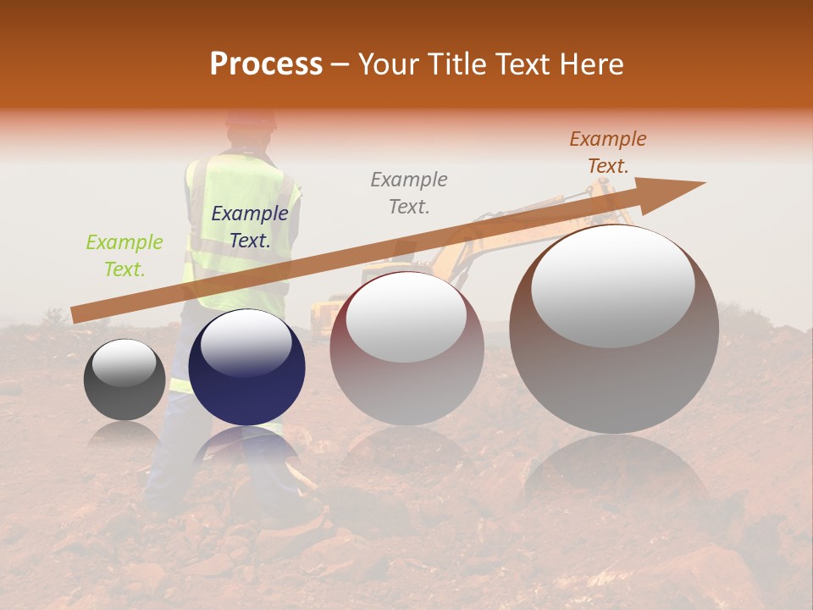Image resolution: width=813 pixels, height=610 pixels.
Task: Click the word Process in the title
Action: [x=266, y=64]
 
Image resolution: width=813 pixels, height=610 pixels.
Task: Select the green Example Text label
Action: [x=124, y=256]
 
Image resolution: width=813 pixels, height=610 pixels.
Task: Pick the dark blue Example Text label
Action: [x=249, y=227]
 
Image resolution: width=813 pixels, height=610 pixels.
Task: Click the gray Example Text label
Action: [x=409, y=192]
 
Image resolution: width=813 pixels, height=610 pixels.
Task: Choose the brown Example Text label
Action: [x=607, y=152]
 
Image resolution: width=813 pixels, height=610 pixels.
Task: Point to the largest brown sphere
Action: [x=614, y=381]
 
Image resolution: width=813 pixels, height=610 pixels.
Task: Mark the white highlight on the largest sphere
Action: [x=613, y=286]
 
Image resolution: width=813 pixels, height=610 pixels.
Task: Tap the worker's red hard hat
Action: [x=251, y=119]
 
